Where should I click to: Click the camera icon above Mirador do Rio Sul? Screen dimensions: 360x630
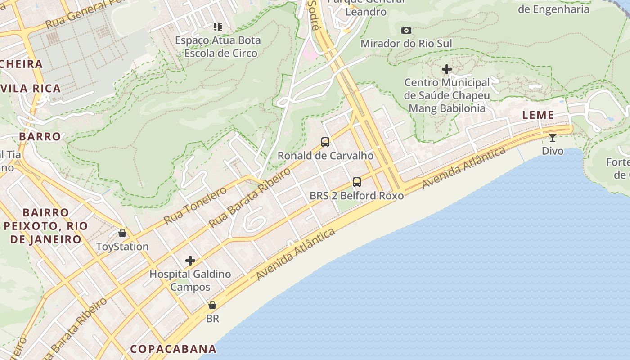(406, 30)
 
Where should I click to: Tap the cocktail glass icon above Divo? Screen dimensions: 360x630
(552, 137)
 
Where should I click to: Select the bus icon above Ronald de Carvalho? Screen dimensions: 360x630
(325, 142)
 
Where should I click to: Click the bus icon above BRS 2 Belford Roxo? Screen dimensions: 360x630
(357, 182)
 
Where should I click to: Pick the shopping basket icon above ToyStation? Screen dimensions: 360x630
(122, 233)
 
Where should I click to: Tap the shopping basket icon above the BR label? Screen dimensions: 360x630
(212, 305)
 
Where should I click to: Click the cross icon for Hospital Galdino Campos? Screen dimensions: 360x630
(190, 261)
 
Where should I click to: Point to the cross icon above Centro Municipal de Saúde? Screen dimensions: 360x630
(447, 69)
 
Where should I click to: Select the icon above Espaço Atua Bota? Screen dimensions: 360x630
(218, 27)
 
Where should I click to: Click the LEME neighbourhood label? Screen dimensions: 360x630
(538, 115)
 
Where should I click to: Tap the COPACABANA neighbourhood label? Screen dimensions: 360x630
(173, 349)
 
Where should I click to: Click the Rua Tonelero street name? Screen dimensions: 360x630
(195, 205)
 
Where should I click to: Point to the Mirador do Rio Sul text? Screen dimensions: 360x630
(406, 44)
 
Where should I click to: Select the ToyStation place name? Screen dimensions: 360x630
(122, 247)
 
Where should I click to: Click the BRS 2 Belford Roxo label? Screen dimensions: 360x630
(357, 196)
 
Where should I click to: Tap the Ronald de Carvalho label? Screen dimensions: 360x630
(325, 156)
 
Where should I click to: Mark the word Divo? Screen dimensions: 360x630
(553, 151)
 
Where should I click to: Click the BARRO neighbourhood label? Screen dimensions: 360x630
(40, 136)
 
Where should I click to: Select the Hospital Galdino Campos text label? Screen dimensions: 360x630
(190, 280)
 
